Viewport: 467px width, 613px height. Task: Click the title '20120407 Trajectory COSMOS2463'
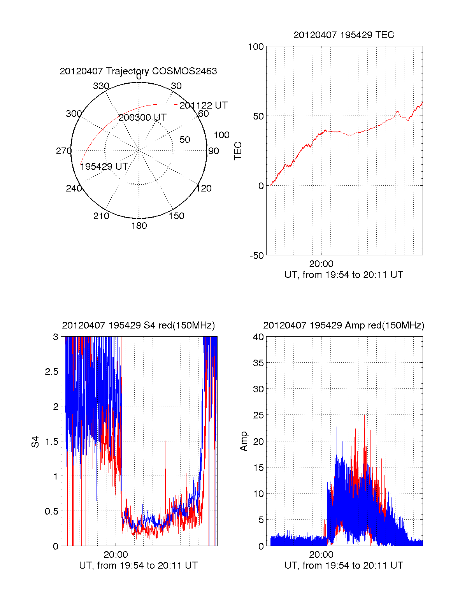tap(138, 71)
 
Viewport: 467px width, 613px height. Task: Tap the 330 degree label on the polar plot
tap(101, 86)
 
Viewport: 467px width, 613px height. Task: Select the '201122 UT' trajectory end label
tap(204, 105)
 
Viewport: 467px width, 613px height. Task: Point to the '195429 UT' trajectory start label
tap(104, 167)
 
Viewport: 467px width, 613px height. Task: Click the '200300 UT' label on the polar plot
tap(142, 118)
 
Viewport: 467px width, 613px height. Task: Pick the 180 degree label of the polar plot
tap(139, 226)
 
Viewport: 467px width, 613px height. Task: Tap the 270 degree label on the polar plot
tap(63, 151)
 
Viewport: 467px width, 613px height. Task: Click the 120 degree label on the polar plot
tap(204, 189)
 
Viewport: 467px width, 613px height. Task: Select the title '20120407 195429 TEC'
tap(344, 35)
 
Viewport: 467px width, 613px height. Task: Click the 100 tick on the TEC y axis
tap(256, 47)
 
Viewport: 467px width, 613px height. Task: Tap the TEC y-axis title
tap(238, 151)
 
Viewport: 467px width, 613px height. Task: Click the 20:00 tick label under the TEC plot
tap(321, 264)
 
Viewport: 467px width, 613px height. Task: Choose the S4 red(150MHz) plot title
tap(138, 325)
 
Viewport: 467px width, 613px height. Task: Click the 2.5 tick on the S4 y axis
tap(51, 372)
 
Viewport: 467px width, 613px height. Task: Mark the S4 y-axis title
tap(35, 442)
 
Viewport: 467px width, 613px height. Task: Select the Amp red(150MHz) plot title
tap(344, 325)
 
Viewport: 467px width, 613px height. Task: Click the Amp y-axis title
tap(244, 441)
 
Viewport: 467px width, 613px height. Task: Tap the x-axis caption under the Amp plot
tap(344, 566)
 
